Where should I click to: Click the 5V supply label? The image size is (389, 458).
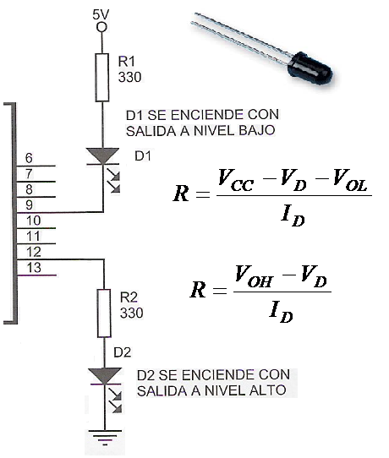coord(101,15)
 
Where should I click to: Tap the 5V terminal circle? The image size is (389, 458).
coord(102,27)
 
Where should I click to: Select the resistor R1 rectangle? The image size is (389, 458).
coord(102,78)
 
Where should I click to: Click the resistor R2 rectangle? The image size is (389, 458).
coord(104,314)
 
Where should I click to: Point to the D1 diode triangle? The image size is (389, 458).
coord(102,155)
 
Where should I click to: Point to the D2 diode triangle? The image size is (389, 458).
coord(105,376)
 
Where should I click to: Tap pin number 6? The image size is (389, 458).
coord(29,158)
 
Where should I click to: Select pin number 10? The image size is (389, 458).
coord(33,221)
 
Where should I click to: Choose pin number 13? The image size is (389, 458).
coord(34,268)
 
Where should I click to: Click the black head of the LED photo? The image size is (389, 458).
coord(310,69)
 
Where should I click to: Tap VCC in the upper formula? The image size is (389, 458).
coord(236,181)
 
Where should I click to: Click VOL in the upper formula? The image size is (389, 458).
coord(350,181)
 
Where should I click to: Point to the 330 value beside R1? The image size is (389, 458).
coord(129,77)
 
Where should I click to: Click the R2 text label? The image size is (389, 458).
coord(129,297)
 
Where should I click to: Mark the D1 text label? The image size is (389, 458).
coord(143,156)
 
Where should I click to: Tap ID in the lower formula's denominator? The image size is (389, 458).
coord(281,312)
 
